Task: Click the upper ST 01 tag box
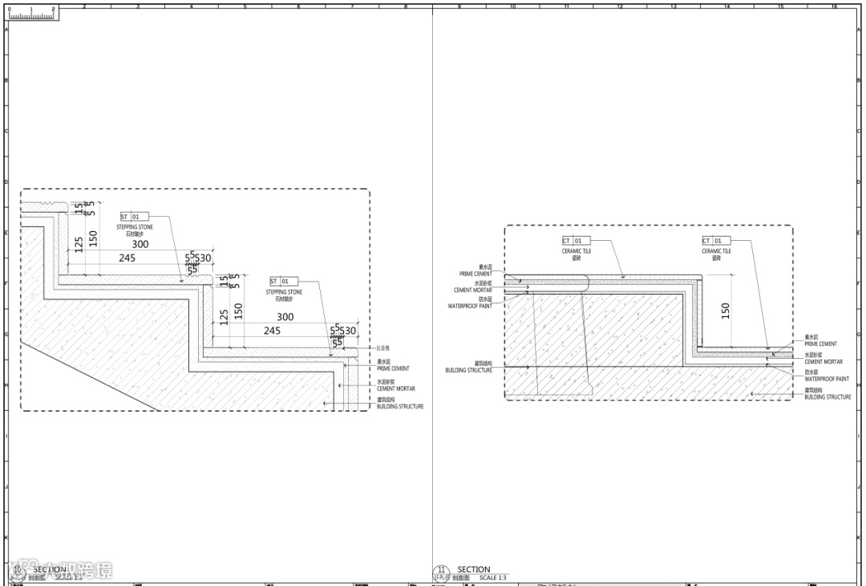[130, 217]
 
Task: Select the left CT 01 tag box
[576, 241]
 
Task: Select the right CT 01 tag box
[716, 241]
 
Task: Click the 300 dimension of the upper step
[140, 244]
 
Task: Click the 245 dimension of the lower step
[272, 330]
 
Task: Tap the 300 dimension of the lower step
[285, 316]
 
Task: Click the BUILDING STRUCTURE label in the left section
[400, 407]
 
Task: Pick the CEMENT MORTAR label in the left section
[396, 389]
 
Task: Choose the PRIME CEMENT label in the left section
[393, 368]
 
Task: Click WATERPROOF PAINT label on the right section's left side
[470, 306]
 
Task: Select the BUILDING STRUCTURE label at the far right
[828, 397]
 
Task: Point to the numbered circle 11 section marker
[441, 572]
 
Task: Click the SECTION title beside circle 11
[474, 569]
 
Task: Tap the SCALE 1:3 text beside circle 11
[493, 578]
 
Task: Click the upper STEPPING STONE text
[135, 227]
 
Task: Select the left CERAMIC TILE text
[576, 251]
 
